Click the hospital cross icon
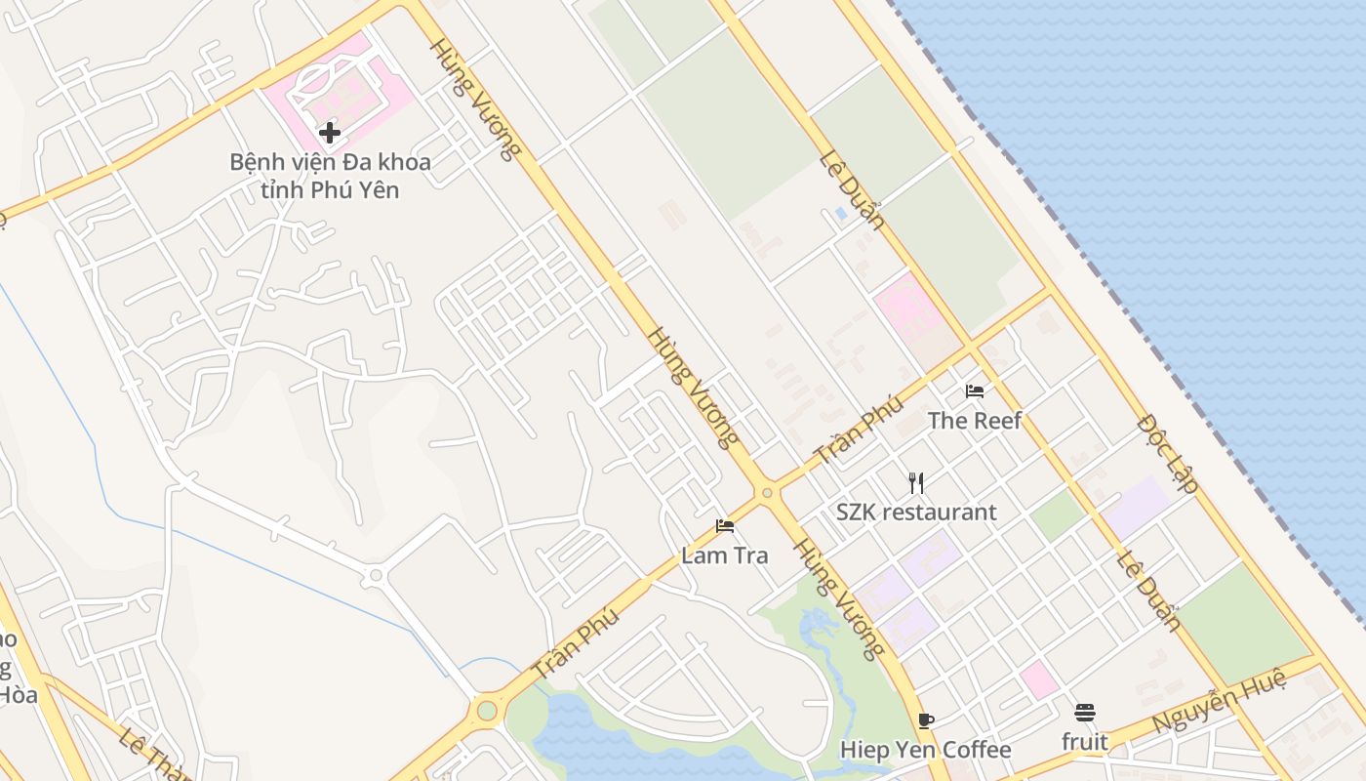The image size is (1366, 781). click(330, 132)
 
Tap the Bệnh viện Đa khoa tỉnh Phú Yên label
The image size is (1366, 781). click(330, 176)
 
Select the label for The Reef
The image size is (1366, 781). click(974, 421)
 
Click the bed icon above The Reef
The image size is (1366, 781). click(974, 391)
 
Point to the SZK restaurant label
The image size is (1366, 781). click(916, 513)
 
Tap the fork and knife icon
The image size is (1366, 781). click(915, 482)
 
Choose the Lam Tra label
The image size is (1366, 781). click(724, 555)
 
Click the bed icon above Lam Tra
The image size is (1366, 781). click(724, 526)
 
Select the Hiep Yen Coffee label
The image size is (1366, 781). click(925, 750)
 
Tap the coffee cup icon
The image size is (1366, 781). click(925, 720)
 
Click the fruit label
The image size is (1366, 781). click(1085, 742)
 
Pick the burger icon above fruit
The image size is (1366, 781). click(1085, 713)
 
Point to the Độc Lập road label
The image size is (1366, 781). click(1168, 454)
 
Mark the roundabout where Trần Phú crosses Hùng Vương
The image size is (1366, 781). click(767, 493)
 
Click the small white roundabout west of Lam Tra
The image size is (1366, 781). click(375, 576)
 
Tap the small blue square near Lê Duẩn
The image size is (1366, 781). click(841, 213)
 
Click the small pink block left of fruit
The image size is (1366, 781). click(1038, 679)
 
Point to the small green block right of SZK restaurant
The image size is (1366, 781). click(1058, 515)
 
